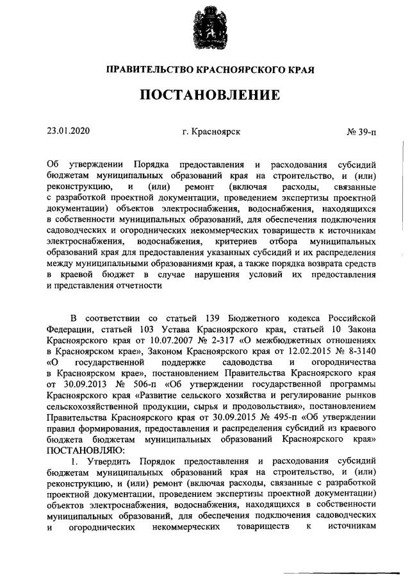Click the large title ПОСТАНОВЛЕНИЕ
[x=205, y=96]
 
